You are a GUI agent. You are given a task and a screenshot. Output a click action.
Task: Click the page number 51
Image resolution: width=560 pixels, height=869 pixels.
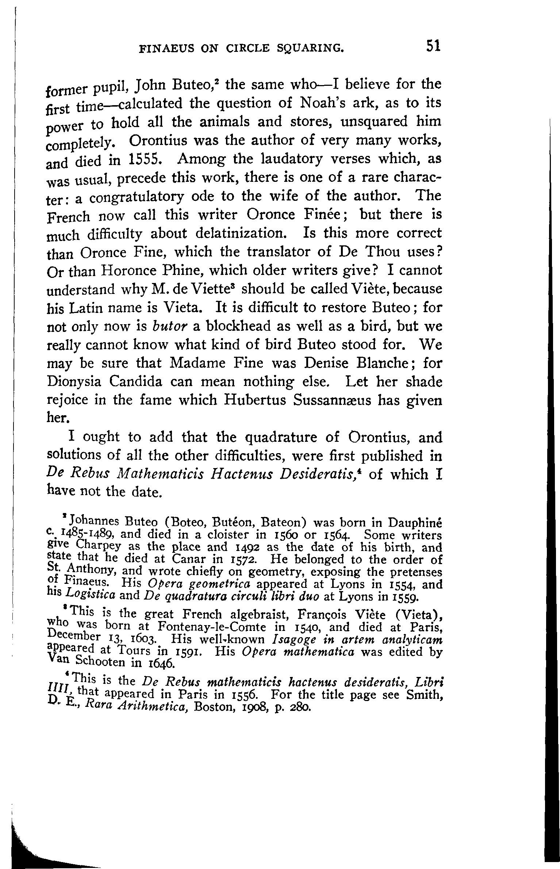(433, 46)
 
